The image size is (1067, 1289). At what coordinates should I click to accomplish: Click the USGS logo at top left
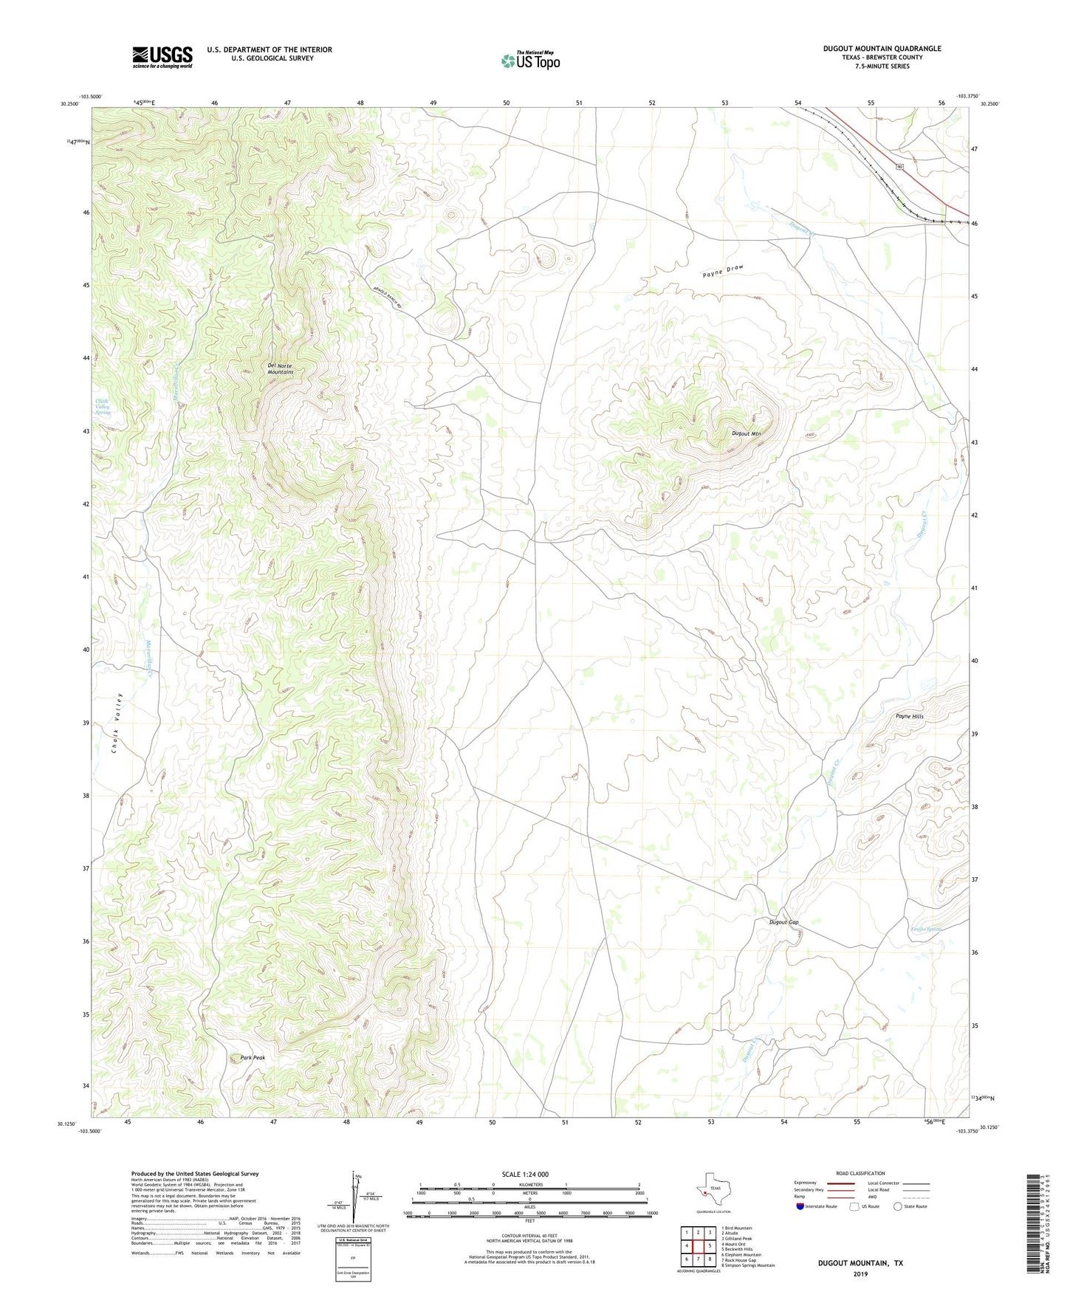pyautogui.click(x=162, y=57)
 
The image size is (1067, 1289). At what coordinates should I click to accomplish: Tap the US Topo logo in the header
pyautogui.click(x=529, y=61)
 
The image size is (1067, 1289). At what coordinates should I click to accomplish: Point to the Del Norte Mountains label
pyautogui.click(x=280, y=369)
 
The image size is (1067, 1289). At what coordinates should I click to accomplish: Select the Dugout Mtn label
pyautogui.click(x=746, y=434)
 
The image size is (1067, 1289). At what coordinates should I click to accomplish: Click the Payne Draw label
pyautogui.click(x=722, y=271)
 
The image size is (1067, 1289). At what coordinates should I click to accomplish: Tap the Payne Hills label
pyautogui.click(x=909, y=717)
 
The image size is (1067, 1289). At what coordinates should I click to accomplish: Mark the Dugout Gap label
pyautogui.click(x=783, y=922)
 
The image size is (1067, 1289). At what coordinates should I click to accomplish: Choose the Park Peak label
pyautogui.click(x=253, y=1057)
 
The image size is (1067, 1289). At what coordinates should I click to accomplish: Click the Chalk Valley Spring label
pyautogui.click(x=103, y=407)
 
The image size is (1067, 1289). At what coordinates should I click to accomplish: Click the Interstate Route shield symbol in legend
pyautogui.click(x=800, y=1206)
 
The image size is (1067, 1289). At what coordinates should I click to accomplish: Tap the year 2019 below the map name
pyautogui.click(x=860, y=1273)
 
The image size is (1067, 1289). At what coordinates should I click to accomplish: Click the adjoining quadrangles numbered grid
pyautogui.click(x=698, y=1246)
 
